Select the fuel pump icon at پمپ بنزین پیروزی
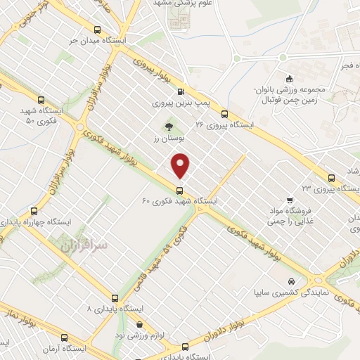coord(181,91)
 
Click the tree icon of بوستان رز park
coord(168,127)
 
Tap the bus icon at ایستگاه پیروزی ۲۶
coord(224,114)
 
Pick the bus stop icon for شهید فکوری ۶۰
coord(180,191)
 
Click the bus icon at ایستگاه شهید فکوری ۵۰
coord(41,100)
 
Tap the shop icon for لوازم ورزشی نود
coord(139,324)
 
